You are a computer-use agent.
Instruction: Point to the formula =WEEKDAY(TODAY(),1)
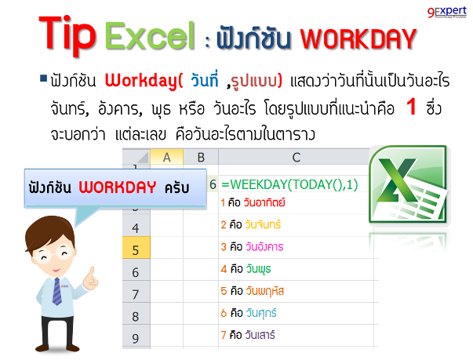[x=289, y=184]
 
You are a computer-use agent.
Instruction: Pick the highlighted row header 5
[x=136, y=250]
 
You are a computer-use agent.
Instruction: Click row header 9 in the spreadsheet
[x=136, y=338]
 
